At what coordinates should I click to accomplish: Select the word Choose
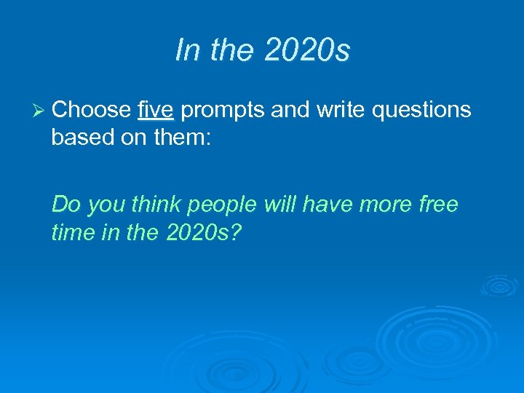click(x=91, y=110)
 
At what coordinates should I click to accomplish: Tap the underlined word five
click(x=154, y=110)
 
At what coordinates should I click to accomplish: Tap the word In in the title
click(x=187, y=50)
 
